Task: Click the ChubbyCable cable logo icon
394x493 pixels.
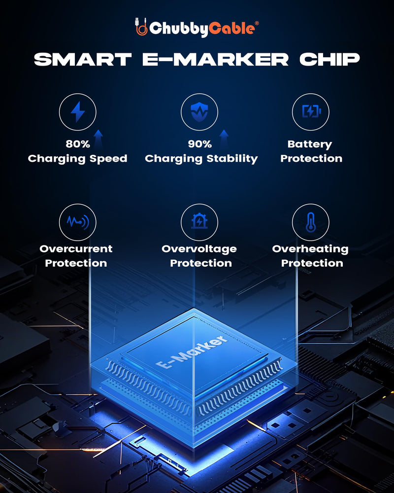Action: (x=141, y=27)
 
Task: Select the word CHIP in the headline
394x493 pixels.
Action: (x=329, y=59)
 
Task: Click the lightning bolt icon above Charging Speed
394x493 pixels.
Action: (x=78, y=111)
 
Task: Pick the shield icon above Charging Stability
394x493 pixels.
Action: (x=199, y=112)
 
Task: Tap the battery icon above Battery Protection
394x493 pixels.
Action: (x=311, y=111)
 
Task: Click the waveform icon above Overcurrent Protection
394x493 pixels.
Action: (x=78, y=222)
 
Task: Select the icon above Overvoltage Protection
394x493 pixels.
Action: (x=199, y=221)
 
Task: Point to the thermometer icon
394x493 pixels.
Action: (x=311, y=222)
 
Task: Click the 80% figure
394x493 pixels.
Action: (x=78, y=144)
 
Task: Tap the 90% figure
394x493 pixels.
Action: (x=199, y=144)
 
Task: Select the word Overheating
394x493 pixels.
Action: (x=310, y=248)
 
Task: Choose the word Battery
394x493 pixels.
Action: (x=310, y=144)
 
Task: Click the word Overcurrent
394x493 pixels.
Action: (x=76, y=248)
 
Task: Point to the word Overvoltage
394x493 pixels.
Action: (x=199, y=249)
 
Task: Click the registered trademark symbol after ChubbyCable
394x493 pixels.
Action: (x=257, y=24)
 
